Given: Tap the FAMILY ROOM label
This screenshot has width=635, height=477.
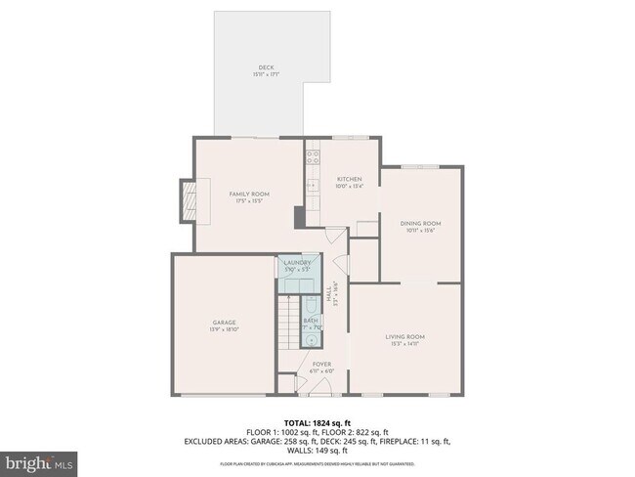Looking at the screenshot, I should pos(249,195).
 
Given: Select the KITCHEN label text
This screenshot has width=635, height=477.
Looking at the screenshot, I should pos(350,180).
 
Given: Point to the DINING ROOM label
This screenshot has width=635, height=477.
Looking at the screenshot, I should pos(421,224).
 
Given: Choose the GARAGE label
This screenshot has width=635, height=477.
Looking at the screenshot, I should pos(224,323).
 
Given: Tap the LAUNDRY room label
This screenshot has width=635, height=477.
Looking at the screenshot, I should pos(297,263).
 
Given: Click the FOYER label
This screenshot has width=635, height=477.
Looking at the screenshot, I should pos(322,365).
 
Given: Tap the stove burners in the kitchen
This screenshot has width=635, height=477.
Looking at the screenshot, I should pos(313,153).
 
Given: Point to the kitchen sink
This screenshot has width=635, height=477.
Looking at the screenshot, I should pos(312,184).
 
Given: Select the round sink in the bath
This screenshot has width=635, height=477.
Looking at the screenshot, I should pos(310,339).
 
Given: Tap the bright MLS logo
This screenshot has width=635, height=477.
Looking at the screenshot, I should pos(40,460).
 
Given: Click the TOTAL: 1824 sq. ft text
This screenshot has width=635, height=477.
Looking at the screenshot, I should pos(317,422).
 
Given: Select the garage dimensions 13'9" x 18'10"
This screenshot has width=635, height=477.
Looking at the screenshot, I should pos(224,329).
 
